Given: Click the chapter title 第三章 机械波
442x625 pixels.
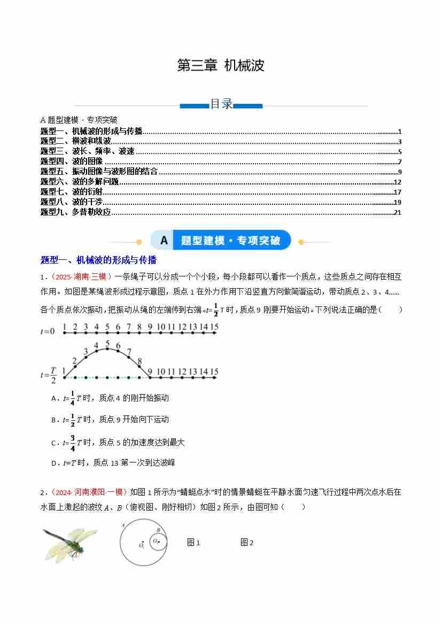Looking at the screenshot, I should coord(220,66).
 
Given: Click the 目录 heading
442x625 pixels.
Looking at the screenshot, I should coord(221,104).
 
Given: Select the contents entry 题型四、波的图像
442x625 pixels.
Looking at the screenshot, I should coord(71,161).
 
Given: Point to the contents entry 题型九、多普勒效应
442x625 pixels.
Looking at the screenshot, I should coord(75,212).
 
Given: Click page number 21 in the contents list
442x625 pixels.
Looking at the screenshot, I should coord(397,212).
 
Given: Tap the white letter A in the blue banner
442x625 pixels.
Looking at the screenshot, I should coord(164,241).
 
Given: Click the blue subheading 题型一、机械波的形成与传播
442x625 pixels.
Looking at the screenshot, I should coord(98,260).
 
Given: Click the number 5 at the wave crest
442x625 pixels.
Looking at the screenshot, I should coord(107,343).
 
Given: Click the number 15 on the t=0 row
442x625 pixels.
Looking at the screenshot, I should coord(214,327).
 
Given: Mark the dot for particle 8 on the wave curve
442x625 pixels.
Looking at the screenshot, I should coord(139,367).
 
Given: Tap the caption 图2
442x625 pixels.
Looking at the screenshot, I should coord(246,543).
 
